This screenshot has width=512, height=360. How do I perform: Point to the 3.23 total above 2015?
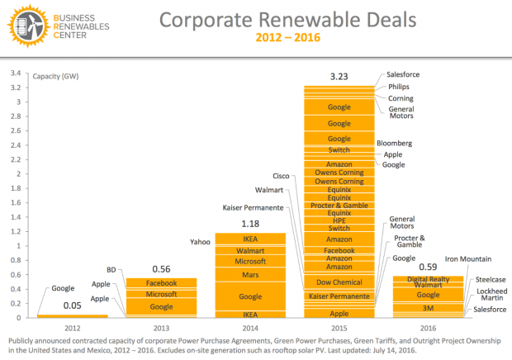coord(339,77)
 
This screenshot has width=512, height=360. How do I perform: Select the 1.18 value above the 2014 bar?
coord(250,223)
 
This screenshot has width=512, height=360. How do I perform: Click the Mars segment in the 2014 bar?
coord(250,273)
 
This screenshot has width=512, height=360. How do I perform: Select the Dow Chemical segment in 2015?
coord(339,282)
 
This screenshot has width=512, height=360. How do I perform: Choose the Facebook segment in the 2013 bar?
coord(162,283)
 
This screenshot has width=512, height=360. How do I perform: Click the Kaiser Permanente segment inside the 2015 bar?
coord(339,296)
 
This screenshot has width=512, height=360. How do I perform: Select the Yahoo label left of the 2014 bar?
coord(199,242)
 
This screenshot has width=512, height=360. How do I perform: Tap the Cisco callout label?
coord(281,176)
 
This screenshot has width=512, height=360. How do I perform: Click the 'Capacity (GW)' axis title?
coord(56,76)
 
